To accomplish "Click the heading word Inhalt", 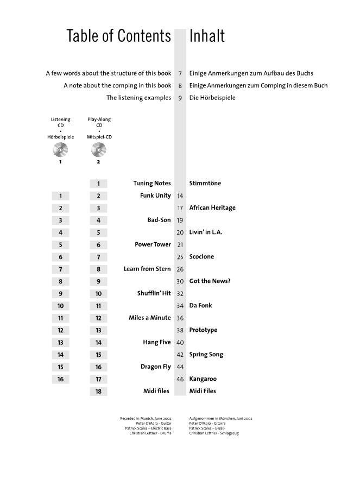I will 207,36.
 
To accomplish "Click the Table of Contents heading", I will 118,36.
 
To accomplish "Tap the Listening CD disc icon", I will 60,149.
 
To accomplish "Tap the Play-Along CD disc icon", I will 98,149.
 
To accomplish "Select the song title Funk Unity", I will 155,196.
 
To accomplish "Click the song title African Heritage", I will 212,208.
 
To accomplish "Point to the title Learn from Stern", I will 147,269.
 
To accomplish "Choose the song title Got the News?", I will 210,281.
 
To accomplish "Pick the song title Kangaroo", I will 203,379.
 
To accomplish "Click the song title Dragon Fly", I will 155,367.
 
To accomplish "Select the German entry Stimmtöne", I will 205,184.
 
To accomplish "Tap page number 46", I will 180,380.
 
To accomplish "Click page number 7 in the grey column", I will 180,73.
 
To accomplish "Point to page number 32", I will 180,294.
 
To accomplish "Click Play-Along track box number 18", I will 98,392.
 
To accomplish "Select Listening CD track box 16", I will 60,379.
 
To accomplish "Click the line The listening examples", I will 138,98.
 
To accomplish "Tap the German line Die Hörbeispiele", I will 213,98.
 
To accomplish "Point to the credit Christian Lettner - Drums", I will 150,433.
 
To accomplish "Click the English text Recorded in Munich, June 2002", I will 146,419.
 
